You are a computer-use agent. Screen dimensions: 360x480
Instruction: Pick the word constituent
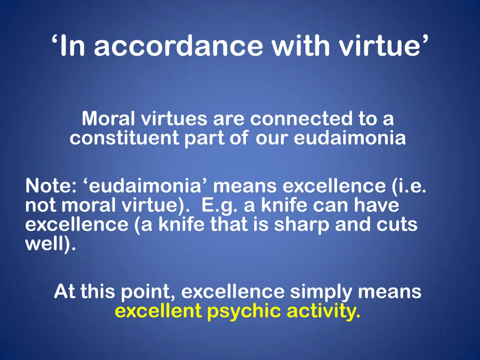point(124,139)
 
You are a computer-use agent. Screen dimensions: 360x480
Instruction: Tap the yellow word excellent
point(158,311)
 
